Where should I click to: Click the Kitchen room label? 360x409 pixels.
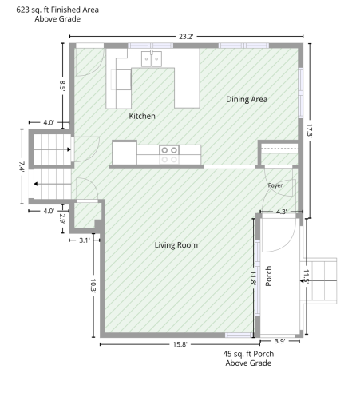[x=142, y=116]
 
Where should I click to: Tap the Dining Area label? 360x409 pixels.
[x=247, y=99]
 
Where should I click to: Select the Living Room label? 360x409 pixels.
[x=176, y=245]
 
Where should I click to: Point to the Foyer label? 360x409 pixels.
[x=275, y=185]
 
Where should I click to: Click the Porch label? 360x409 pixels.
[x=269, y=276]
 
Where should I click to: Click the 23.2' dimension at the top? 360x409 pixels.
[x=186, y=37]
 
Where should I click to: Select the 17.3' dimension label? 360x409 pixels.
[x=310, y=130]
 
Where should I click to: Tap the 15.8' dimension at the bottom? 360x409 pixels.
[x=180, y=344]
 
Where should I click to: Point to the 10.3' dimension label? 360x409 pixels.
[x=93, y=285]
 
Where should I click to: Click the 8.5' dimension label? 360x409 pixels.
[x=62, y=85]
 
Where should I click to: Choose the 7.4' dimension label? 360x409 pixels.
[x=22, y=167]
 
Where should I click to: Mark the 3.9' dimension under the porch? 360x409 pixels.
[x=280, y=341]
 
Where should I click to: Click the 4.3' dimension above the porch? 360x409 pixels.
[x=281, y=212]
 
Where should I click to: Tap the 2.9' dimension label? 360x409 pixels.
[x=62, y=219]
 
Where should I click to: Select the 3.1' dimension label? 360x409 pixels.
[x=85, y=240]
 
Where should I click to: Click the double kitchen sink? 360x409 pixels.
[x=152, y=58]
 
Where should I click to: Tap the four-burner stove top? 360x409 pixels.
[x=169, y=154]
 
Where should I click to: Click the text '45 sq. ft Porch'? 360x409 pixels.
[x=248, y=354]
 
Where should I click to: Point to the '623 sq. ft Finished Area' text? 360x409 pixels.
[x=57, y=10]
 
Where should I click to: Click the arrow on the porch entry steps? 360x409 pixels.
[x=318, y=280]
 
